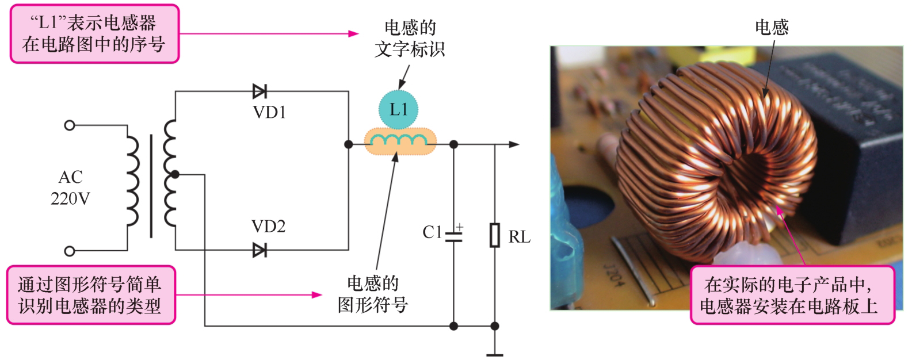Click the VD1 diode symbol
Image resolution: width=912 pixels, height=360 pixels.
point(260,91)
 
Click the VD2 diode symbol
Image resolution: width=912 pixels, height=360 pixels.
point(260,250)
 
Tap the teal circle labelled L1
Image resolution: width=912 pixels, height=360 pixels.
point(399,109)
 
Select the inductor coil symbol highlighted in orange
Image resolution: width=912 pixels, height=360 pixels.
point(400,142)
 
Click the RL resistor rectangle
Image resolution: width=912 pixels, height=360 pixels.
point(495,235)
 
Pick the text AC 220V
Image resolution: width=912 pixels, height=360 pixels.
point(70,188)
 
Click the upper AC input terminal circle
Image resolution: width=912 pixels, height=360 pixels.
point(70,125)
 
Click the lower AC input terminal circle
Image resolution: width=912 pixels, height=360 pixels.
point(70,251)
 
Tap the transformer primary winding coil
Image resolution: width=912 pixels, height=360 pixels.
point(132,181)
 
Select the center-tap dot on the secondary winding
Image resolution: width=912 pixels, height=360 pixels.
point(175,174)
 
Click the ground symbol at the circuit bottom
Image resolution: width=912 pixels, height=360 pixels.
point(495,355)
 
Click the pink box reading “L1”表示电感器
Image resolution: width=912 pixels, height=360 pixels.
point(94,34)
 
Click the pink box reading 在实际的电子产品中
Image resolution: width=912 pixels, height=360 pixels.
point(792,295)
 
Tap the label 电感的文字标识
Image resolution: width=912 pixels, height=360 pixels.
point(410,39)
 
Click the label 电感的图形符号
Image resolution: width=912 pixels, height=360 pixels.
point(373,294)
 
